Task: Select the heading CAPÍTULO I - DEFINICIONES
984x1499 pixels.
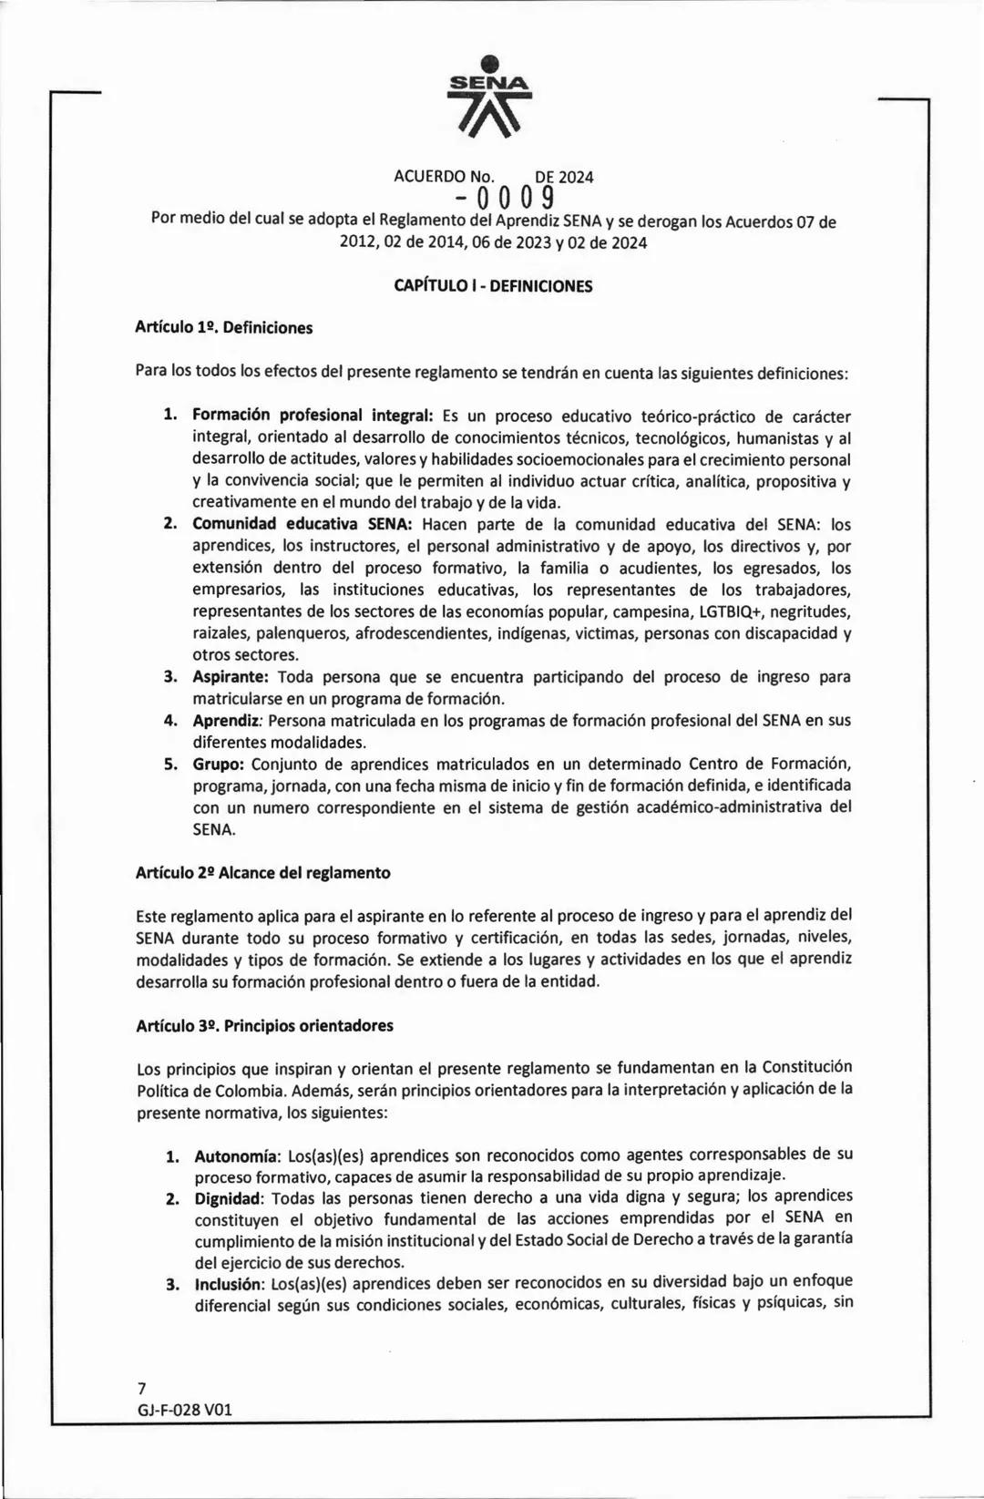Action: (493, 286)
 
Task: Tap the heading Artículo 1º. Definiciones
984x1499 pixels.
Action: (223, 328)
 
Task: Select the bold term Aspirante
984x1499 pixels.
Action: (230, 677)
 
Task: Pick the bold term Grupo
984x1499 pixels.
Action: (218, 764)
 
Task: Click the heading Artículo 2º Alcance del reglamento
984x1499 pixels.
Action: (262, 873)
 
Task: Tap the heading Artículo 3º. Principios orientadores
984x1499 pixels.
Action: (264, 1026)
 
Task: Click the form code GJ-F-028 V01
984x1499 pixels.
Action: (185, 1410)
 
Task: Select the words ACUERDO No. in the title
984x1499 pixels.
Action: (444, 177)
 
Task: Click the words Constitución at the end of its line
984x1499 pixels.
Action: (806, 1067)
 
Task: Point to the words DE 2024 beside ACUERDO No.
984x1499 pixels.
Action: (564, 177)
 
